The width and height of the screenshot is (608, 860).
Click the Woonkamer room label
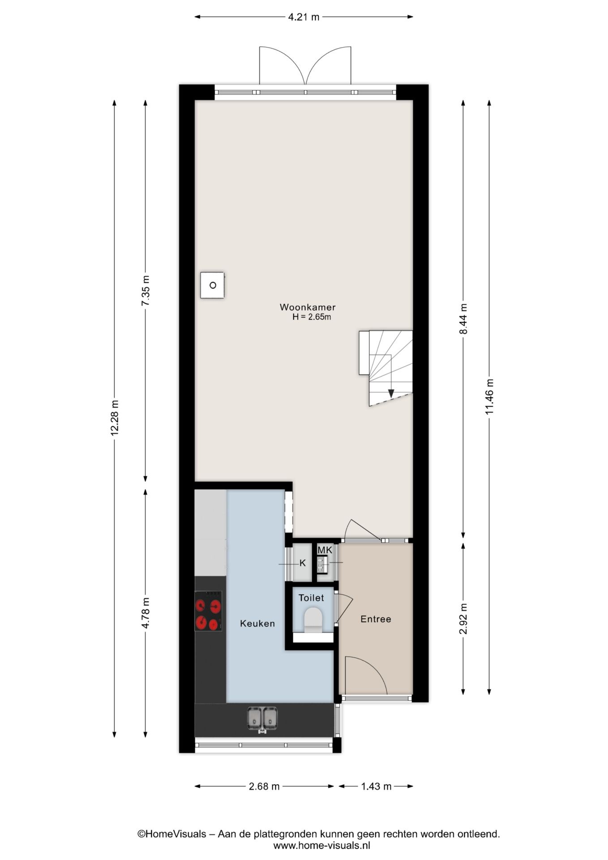[308, 307]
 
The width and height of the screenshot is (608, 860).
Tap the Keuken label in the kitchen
[257, 623]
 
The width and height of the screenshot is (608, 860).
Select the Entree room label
[376, 619]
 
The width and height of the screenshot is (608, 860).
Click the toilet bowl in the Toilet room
[313, 619]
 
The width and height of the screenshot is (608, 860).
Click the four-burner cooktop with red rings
[208, 611]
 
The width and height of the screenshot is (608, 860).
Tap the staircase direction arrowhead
[391, 393]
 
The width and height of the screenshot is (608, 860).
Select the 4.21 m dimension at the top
[304, 17]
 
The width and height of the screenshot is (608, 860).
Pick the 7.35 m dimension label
[146, 290]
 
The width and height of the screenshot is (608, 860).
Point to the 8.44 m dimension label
[463, 319]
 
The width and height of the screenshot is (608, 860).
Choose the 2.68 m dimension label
[264, 786]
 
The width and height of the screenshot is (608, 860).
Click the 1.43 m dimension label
[376, 786]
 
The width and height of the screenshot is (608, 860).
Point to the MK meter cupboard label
[325, 550]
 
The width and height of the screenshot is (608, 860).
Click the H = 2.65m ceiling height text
[312, 317]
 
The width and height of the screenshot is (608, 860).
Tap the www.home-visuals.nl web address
[321, 846]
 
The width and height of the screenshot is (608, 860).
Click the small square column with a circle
[213, 285]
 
